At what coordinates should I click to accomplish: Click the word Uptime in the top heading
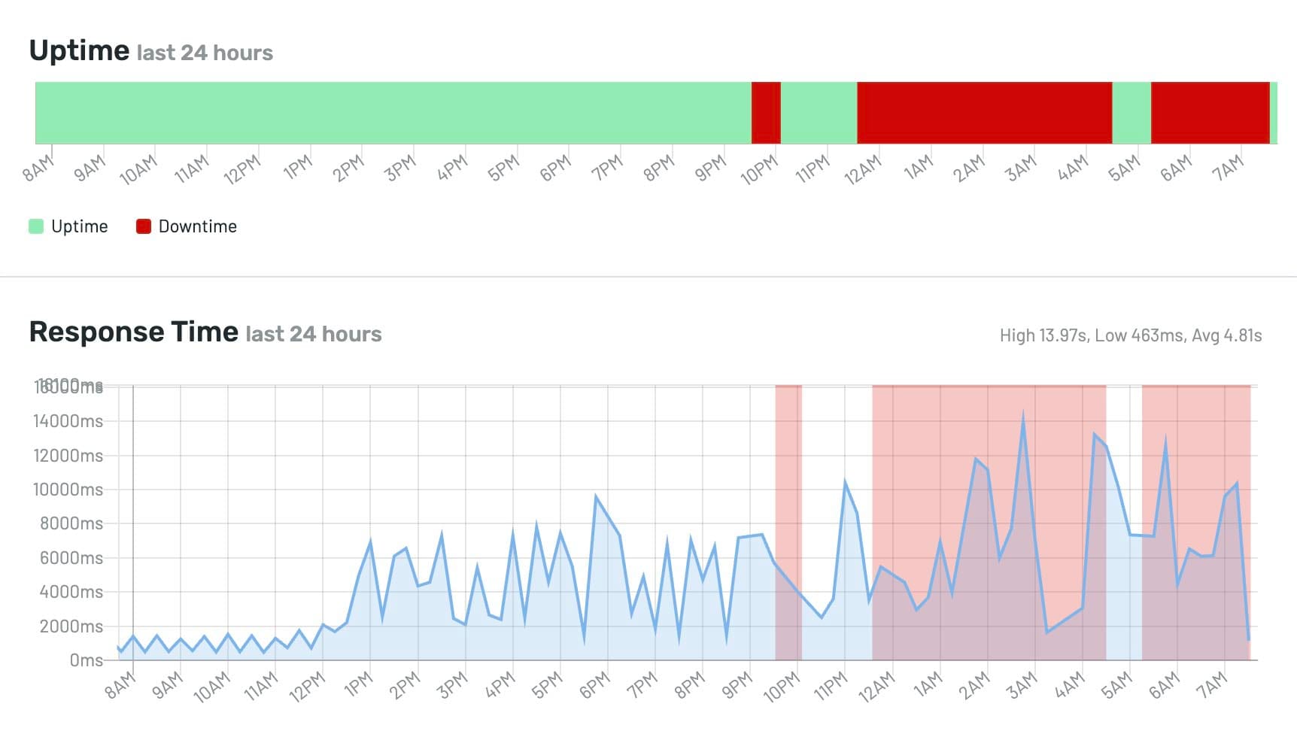tap(79, 50)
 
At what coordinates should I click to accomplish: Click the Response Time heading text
tap(133, 332)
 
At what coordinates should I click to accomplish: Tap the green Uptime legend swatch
tap(36, 226)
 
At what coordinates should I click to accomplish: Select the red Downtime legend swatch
tap(144, 226)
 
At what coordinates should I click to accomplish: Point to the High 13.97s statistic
tap(1043, 335)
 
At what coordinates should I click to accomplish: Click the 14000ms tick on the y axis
tap(68, 421)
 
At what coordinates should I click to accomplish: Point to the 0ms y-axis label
tap(86, 660)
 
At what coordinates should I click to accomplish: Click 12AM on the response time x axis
tap(876, 686)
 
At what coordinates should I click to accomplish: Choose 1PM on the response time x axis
tap(358, 684)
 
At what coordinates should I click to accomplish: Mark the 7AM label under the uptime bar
tap(1228, 168)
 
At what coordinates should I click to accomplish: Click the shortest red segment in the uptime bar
tap(766, 113)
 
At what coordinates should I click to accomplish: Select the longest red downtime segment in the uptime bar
tap(984, 113)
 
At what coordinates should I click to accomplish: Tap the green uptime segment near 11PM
tap(819, 113)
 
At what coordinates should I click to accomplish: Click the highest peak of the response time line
tap(1023, 413)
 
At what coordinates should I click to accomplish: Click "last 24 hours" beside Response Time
tap(314, 334)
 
